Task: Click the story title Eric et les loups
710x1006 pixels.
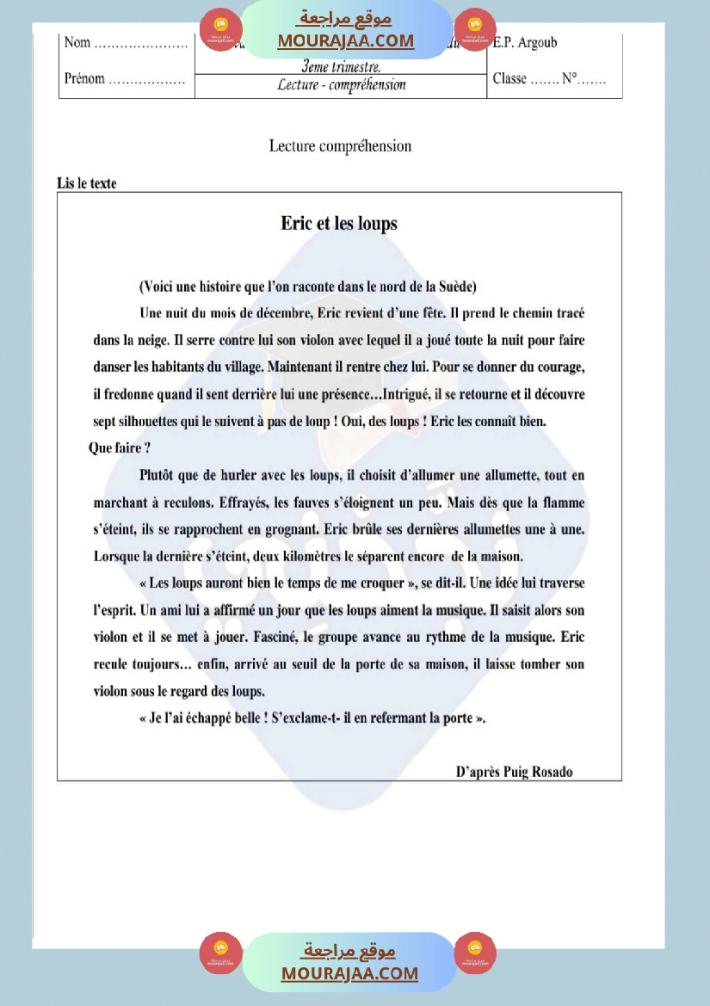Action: point(339,224)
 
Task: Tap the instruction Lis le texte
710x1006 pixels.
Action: point(87,182)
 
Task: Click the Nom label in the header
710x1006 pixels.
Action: point(77,43)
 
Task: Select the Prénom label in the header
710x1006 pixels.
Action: point(84,79)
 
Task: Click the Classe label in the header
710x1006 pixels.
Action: point(509,79)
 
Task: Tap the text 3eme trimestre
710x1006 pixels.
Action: point(341,66)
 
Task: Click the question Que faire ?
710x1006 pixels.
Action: point(120,448)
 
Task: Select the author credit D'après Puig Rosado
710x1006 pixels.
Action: point(514,771)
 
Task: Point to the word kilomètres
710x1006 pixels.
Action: point(328,556)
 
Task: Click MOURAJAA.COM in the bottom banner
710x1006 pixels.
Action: point(349,973)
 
